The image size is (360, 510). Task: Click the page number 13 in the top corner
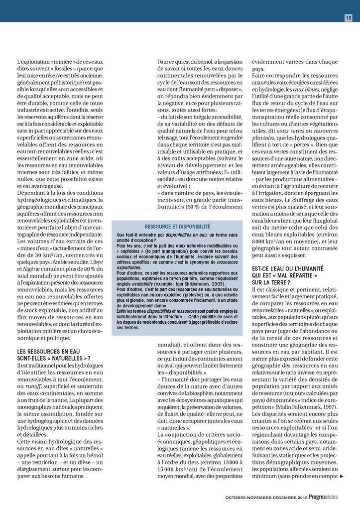click(349, 18)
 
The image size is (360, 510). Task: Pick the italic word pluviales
click(266, 140)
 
